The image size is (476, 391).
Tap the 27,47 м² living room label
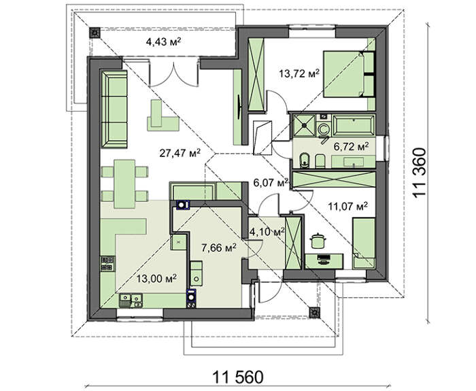[180, 153]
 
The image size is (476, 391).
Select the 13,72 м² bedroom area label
[299, 73]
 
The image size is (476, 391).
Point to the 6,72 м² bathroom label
[352, 147]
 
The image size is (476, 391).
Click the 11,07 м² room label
[348, 206]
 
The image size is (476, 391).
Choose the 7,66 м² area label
[219, 248]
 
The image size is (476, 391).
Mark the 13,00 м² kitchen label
[156, 278]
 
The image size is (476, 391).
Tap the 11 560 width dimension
[238, 377]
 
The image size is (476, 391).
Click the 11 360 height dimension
[420, 173]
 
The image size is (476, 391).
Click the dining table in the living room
[124, 184]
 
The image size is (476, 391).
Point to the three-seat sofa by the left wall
[114, 109]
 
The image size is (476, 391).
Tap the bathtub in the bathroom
[354, 124]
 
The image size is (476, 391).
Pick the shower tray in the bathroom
[303, 124]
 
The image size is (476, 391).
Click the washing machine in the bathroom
[323, 129]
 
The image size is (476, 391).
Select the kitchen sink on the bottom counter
[131, 301]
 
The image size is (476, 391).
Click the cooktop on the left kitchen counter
[107, 264]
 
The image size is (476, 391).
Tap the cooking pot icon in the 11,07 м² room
[318, 241]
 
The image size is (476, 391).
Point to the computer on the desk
[324, 260]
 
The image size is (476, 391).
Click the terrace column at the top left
[95, 33]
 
